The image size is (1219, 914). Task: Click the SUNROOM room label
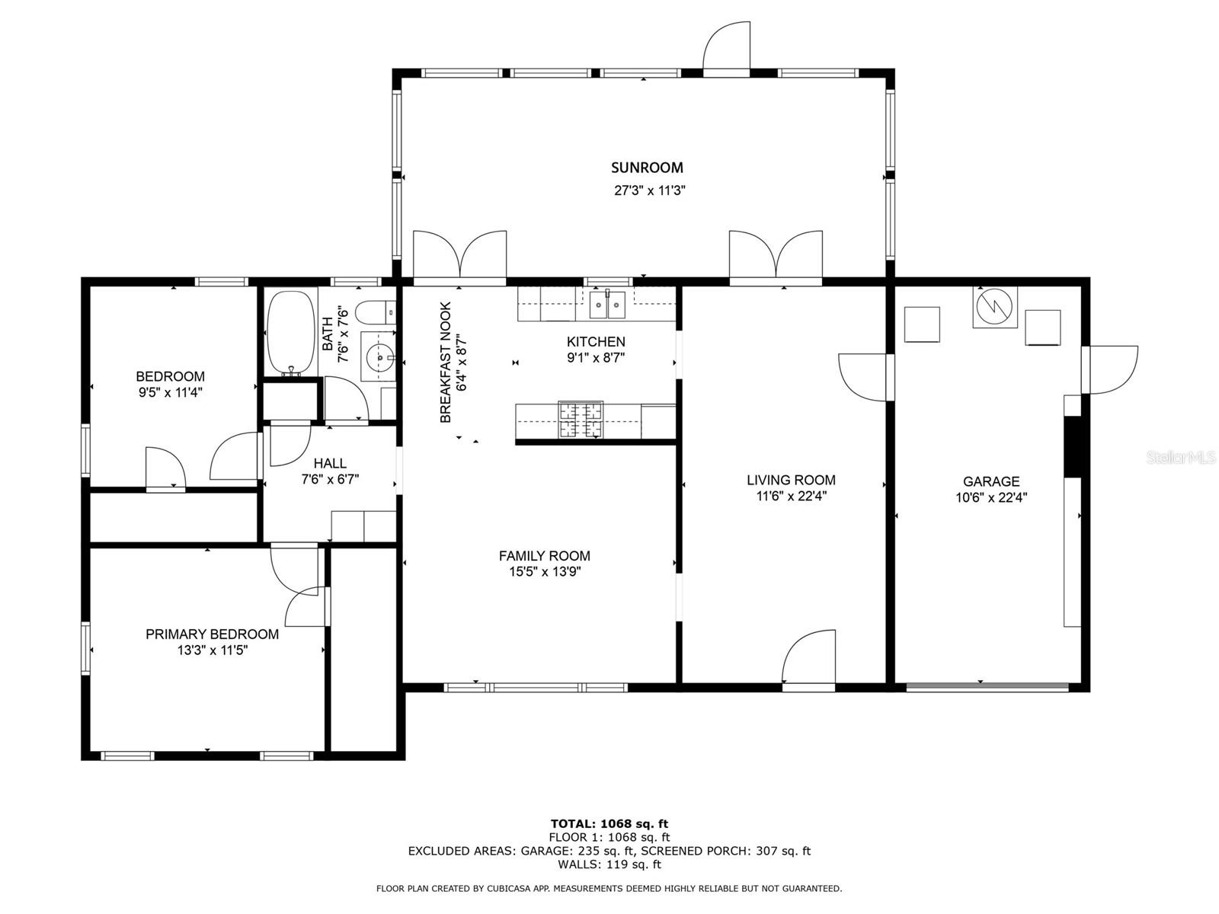[647, 168]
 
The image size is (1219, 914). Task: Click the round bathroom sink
[379, 356]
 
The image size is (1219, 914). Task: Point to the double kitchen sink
[607, 305]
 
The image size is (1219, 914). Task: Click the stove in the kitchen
[581, 420]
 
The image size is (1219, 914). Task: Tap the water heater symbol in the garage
[994, 307]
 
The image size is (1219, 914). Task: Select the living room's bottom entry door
[809, 660]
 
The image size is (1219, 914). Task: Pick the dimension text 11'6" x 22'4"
[791, 496]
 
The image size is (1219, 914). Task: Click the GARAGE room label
[990, 481]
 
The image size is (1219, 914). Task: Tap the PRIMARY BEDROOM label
[212, 634]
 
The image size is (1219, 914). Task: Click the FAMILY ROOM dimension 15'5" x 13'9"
[545, 572]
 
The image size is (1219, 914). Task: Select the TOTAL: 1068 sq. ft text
[609, 823]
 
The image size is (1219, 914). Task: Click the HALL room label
[330, 463]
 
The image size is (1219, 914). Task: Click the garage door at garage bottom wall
[987, 687]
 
